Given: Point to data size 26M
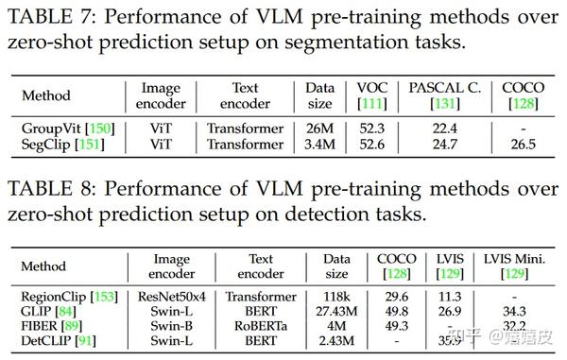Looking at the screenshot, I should pyautogui.click(x=320, y=129).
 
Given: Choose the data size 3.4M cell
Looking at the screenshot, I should pyautogui.click(x=320, y=145).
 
